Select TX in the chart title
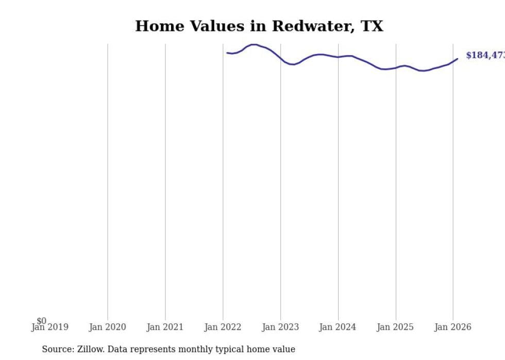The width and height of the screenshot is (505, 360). click(x=372, y=26)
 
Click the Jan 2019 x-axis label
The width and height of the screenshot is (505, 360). click(x=49, y=327)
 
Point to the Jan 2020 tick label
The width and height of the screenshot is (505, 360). click(x=107, y=327)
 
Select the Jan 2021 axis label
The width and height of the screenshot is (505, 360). click(x=165, y=327)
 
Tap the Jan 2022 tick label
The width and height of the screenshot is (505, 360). click(x=223, y=327)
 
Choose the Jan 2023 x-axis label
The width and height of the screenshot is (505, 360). click(x=280, y=327)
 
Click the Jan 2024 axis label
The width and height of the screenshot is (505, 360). click(x=338, y=327)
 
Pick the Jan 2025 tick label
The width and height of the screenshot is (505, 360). click(x=395, y=327)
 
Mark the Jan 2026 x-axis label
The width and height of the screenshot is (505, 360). click(x=453, y=327)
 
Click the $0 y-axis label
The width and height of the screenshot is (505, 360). click(x=41, y=321)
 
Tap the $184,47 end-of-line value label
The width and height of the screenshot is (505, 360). click(x=484, y=55)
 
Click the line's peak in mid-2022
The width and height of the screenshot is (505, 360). click(x=254, y=44)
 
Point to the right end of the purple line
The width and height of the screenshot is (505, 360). click(x=458, y=59)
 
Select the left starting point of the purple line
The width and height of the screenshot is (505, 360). click(x=227, y=53)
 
